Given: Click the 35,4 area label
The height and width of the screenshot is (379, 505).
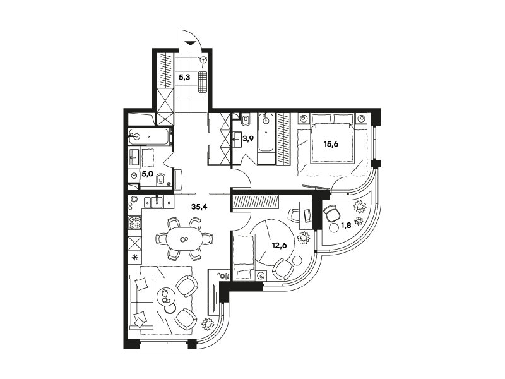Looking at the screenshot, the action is [199, 207].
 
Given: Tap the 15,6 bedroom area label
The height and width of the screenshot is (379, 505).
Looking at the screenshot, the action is [331, 144].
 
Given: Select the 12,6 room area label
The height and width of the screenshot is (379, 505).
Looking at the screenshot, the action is [279, 245].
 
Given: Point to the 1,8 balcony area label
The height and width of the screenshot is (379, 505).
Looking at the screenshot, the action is [346, 226].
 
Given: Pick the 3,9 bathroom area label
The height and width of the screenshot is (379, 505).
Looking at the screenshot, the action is [248, 139].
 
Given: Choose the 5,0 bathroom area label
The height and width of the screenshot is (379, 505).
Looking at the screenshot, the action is [147, 174].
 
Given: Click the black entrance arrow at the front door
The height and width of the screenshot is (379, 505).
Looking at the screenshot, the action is [191, 43].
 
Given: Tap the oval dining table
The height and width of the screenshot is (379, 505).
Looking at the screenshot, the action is [184, 239].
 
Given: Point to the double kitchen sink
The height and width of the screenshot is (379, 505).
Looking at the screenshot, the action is [153, 202].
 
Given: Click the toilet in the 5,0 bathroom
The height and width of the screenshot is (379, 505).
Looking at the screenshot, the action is [160, 180].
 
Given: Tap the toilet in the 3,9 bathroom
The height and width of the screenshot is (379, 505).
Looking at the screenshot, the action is [246, 119].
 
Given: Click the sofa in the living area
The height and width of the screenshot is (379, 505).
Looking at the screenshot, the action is [140, 301].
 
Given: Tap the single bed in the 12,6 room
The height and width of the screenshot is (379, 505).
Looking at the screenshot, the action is [242, 257].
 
